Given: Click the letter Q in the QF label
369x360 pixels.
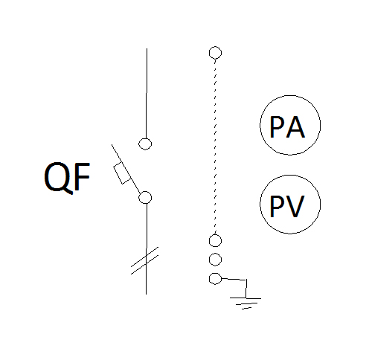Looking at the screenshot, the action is (x=59, y=178).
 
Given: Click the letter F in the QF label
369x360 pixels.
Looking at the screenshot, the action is (x=82, y=176).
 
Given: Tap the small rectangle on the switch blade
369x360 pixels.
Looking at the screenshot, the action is (x=122, y=173).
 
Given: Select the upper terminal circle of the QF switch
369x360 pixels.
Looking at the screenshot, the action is (x=145, y=144).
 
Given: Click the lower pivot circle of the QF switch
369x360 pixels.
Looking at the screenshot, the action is (x=145, y=198).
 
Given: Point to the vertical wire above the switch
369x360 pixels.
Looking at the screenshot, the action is (x=147, y=94).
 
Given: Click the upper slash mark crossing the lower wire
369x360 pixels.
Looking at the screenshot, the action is (x=144, y=257).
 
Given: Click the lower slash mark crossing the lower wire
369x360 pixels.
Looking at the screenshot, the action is (x=144, y=265).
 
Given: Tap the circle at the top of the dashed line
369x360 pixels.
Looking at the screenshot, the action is (x=215, y=53).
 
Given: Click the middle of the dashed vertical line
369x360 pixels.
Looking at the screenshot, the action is (x=215, y=147).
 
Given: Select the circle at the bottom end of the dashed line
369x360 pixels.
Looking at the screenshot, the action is (x=215, y=240).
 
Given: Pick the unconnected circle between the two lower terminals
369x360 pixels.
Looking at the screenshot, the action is (x=215, y=260).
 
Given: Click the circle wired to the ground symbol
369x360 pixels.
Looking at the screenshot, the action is (x=215, y=279).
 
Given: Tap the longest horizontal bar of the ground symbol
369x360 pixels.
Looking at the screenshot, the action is (x=246, y=298).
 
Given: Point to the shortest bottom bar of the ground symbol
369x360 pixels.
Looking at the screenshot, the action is (x=247, y=308).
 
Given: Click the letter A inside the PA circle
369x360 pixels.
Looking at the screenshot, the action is (x=295, y=127).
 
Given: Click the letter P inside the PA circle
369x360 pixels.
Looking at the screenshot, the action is (x=277, y=126).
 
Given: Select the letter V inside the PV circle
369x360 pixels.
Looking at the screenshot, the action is (x=295, y=206).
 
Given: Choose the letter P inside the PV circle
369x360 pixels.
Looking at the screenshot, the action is (x=277, y=206).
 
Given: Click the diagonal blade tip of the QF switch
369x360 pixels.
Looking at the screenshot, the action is (x=112, y=144).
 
